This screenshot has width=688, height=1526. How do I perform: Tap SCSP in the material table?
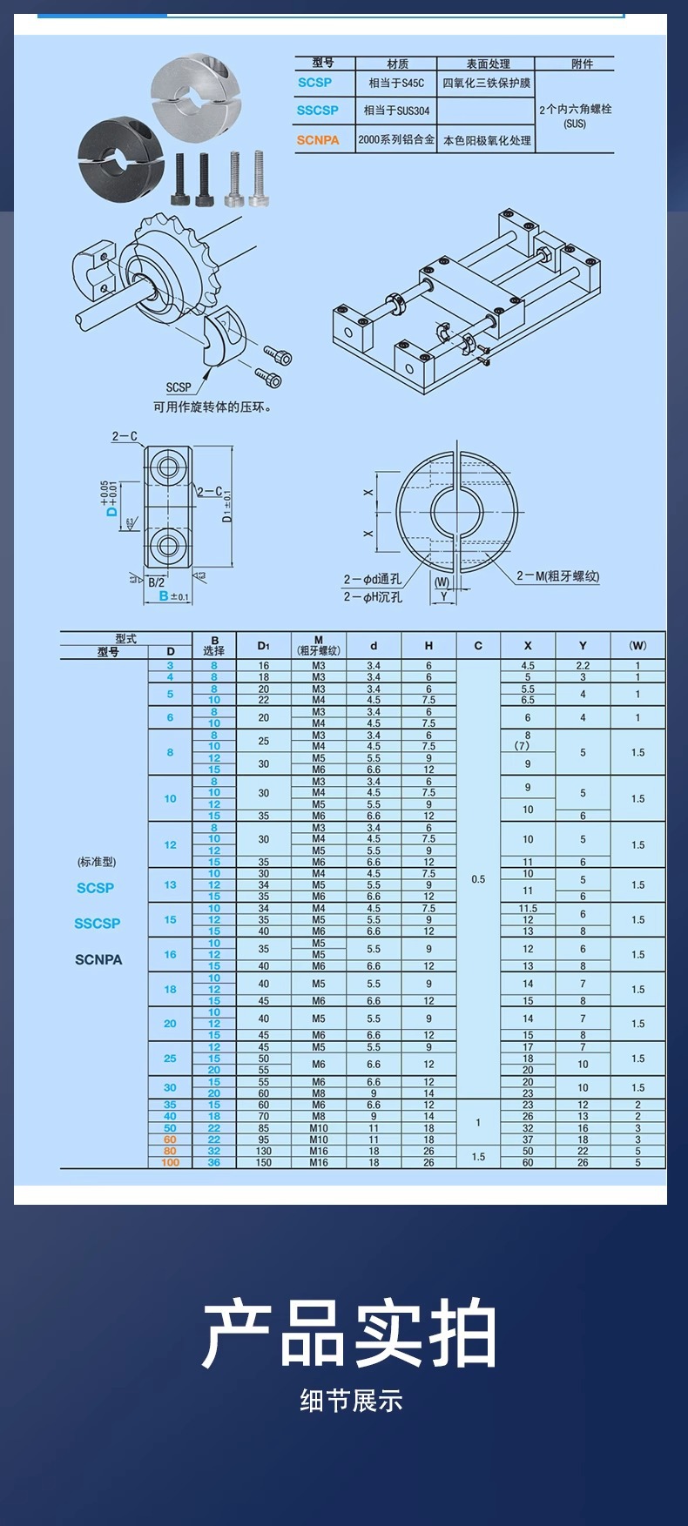pos(314,83)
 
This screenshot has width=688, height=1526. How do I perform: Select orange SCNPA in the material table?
pos(317,139)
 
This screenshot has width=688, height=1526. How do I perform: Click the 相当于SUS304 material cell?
pos(396,111)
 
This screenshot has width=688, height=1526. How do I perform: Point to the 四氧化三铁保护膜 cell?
pos(486,83)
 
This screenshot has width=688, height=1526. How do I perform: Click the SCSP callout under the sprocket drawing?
pos(179,387)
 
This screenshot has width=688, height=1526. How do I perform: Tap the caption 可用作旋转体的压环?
pos(212,407)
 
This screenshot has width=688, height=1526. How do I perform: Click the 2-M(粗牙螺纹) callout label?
pos(557,575)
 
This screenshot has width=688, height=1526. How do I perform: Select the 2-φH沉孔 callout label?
pos(373,596)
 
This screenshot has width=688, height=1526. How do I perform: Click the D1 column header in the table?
pos(264,646)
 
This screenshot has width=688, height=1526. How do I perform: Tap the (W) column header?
pos(637,646)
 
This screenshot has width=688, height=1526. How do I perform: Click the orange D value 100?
pos(170,1162)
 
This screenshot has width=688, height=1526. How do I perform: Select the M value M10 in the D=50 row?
pos(319,1128)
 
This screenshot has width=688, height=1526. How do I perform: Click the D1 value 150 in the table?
pos(264,1162)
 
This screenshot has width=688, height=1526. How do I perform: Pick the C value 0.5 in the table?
pos(478,879)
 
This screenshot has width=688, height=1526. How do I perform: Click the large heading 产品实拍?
pos(349,1334)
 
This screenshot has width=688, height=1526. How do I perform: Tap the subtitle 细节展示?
pos(351,1401)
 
